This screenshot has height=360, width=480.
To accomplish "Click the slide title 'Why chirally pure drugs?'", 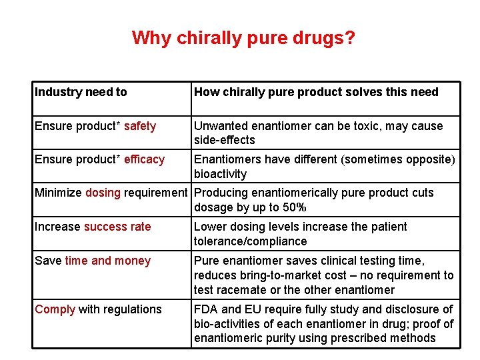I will click(x=243, y=38).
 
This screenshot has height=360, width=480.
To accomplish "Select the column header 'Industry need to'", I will click(x=81, y=92).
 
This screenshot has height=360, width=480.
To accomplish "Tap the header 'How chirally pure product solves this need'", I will click(x=316, y=92).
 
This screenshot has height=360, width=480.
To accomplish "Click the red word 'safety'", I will click(x=140, y=126).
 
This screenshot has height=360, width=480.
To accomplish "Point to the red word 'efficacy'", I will click(x=144, y=159).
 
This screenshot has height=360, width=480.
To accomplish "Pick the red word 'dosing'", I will click(x=103, y=193).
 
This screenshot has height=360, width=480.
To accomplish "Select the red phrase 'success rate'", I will click(x=117, y=227).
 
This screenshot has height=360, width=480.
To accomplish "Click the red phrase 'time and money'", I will click(x=108, y=261).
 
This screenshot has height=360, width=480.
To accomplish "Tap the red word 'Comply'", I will click(x=55, y=309).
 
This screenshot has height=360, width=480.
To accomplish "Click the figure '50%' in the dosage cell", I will click(x=293, y=207).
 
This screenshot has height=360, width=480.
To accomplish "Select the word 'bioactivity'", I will click(x=220, y=174).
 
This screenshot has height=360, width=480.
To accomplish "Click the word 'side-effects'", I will click(x=225, y=140).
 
